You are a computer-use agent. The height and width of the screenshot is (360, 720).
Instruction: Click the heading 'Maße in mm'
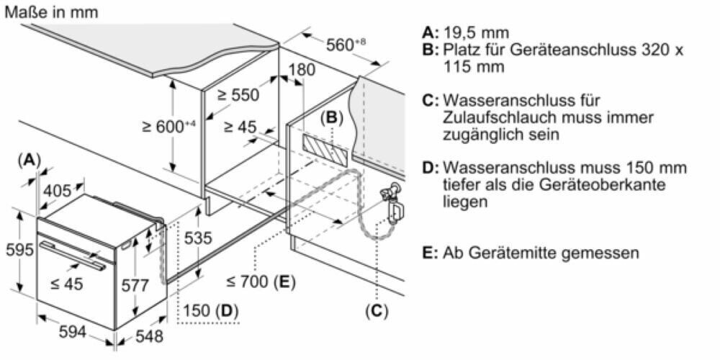50,12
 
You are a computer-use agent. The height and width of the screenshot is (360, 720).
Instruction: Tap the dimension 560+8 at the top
346,45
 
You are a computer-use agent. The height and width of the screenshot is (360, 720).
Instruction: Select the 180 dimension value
301,70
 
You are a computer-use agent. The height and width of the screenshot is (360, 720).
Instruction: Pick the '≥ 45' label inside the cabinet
240,127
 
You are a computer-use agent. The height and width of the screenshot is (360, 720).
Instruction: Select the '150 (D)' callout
210,311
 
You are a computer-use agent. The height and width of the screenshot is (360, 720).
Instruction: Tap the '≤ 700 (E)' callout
260,281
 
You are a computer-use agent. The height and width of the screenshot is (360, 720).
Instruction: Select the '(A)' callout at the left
29,160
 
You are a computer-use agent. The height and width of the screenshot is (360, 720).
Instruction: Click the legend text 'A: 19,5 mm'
466,33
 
